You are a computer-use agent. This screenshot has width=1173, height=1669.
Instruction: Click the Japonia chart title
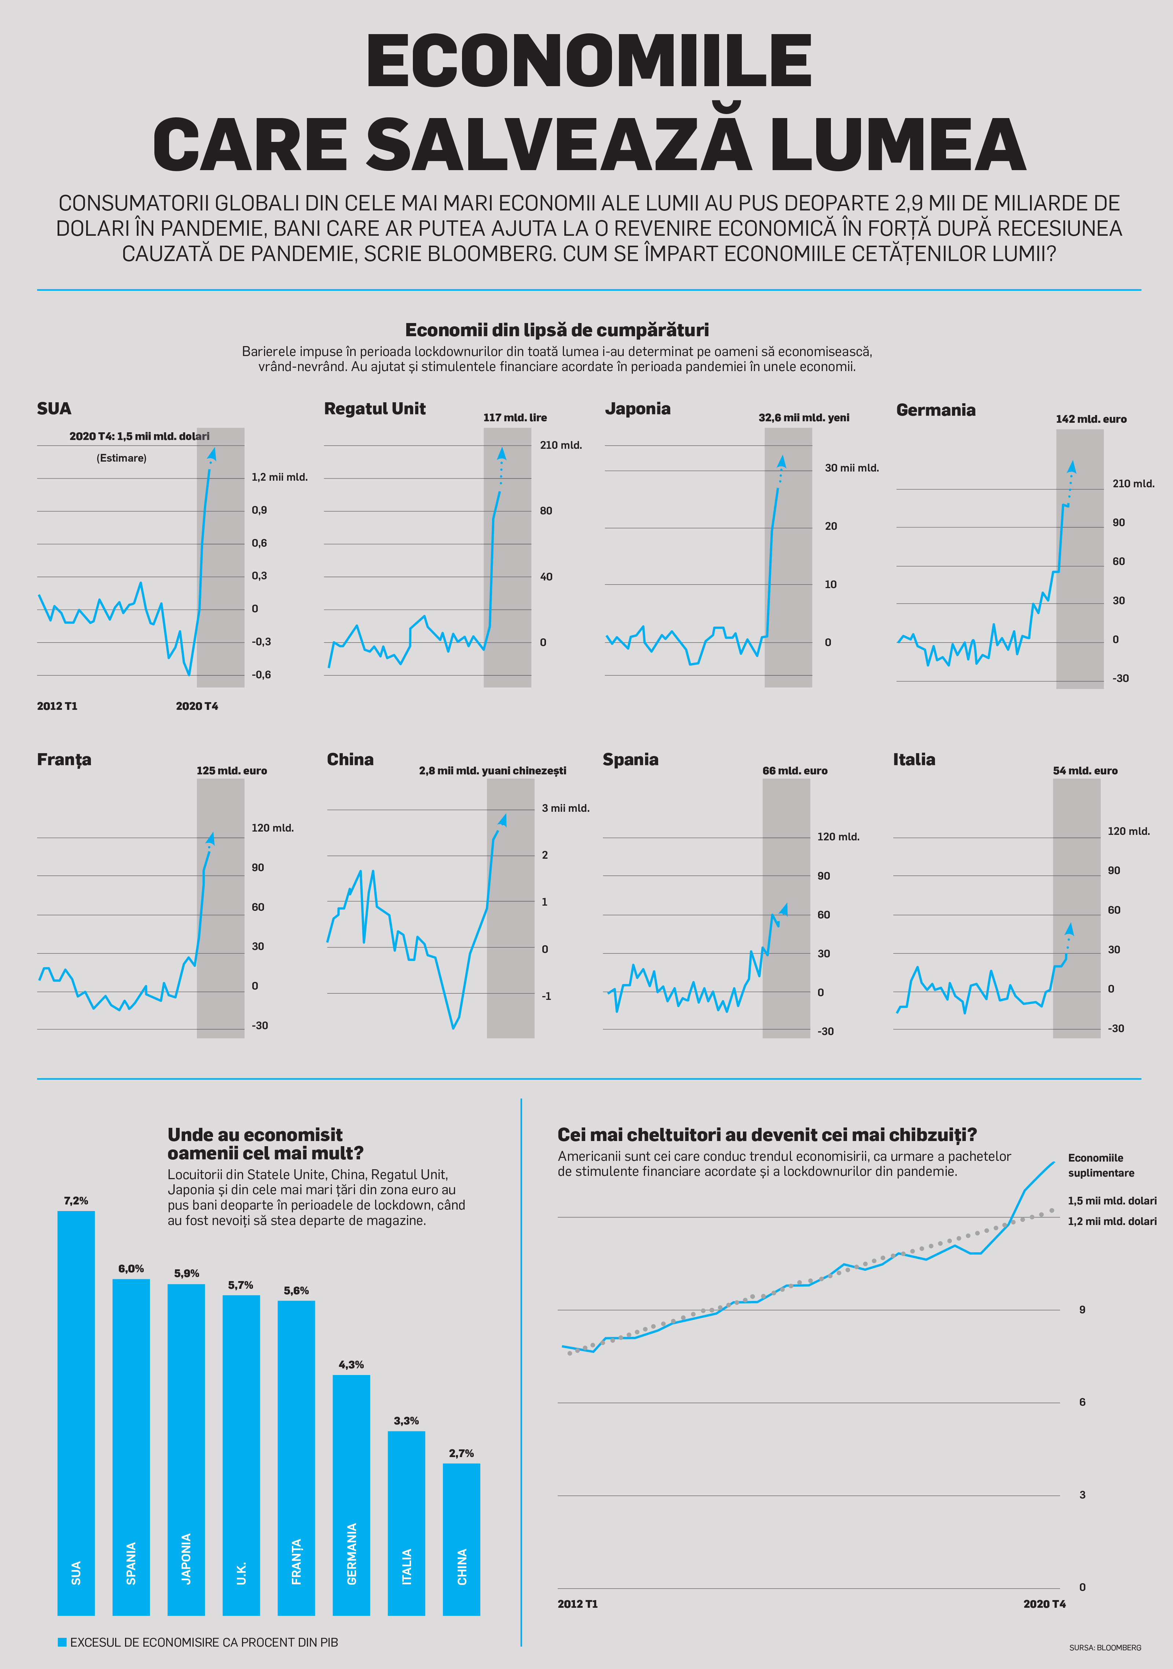pyautogui.click(x=637, y=408)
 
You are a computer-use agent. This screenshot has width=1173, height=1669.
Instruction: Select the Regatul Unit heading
pyautogui.click(x=375, y=408)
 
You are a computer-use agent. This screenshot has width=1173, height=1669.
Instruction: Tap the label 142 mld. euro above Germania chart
pyautogui.click(x=1091, y=419)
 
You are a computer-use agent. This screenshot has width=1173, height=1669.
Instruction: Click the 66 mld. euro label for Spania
pyautogui.click(x=794, y=771)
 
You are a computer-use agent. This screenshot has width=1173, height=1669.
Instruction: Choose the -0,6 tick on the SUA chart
pyautogui.click(x=261, y=675)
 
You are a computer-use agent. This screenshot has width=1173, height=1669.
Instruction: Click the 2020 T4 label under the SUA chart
pyautogui.click(x=197, y=706)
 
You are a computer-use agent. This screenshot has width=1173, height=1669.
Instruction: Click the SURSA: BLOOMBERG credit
pyautogui.click(x=1105, y=1647)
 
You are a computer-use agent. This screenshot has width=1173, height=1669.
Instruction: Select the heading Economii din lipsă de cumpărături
pyautogui.click(x=557, y=330)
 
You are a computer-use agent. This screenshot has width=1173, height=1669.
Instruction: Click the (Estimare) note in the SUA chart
pyautogui.click(x=121, y=458)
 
